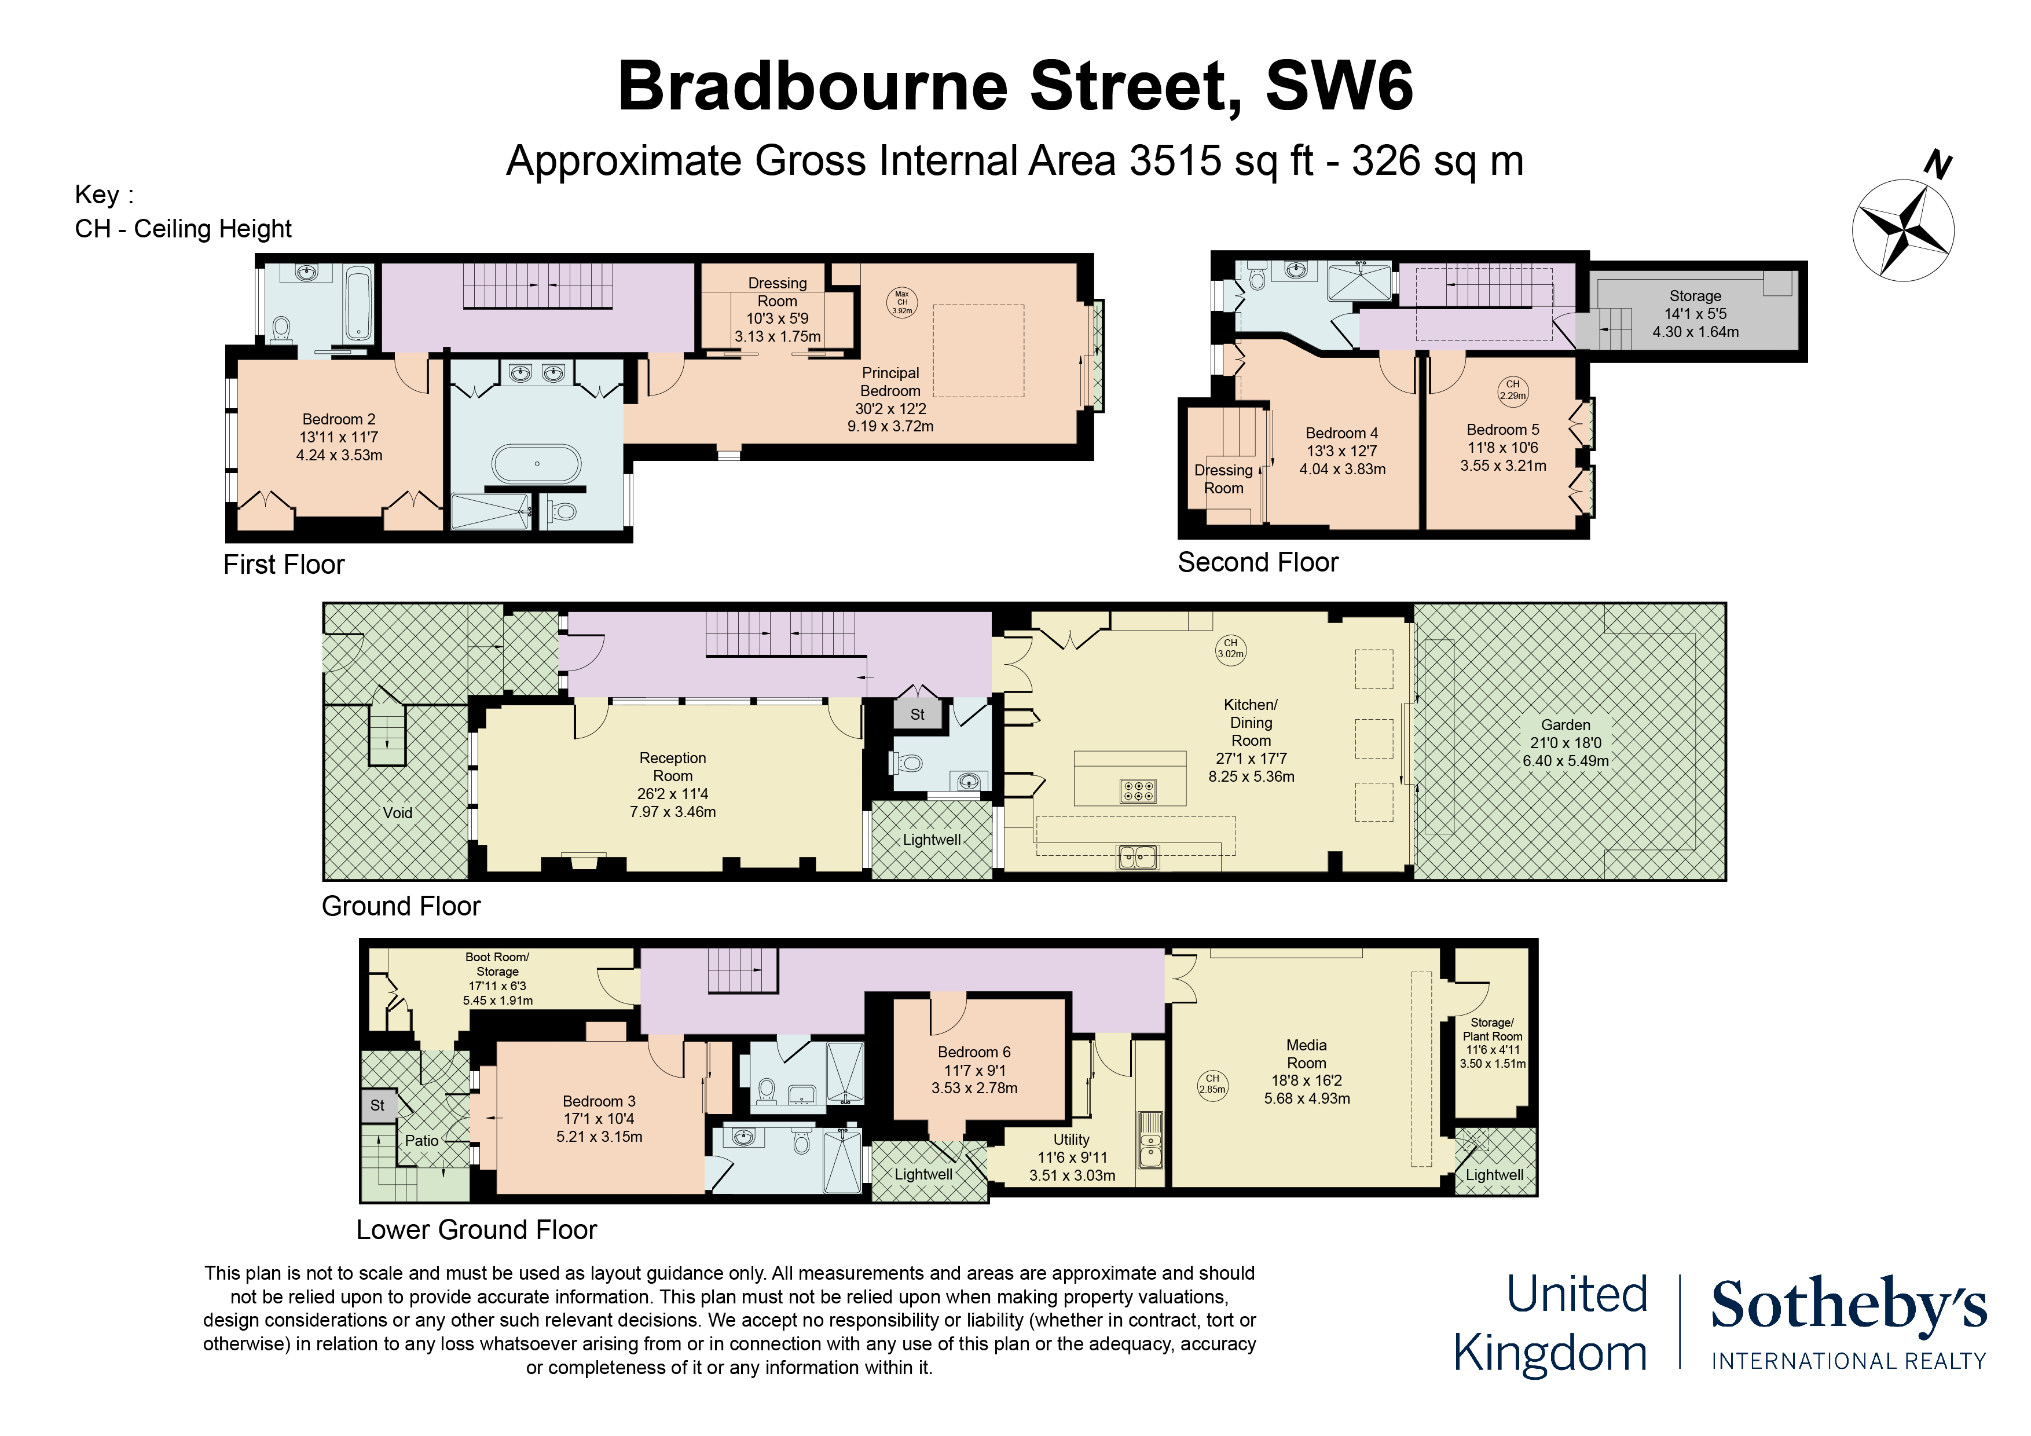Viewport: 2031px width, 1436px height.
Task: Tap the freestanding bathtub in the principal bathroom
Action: coord(536,464)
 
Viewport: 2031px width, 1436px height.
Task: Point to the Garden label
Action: coord(1565,742)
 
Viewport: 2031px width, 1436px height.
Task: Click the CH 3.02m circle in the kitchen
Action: coord(1230,650)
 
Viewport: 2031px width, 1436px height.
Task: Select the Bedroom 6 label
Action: coord(974,1069)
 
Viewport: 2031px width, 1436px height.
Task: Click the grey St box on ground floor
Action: coord(917,714)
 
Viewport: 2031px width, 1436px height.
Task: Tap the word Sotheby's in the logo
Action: coord(1848,1305)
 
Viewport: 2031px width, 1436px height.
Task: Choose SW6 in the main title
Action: coord(1339,87)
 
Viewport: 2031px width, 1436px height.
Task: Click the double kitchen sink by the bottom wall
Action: coord(1138,856)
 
